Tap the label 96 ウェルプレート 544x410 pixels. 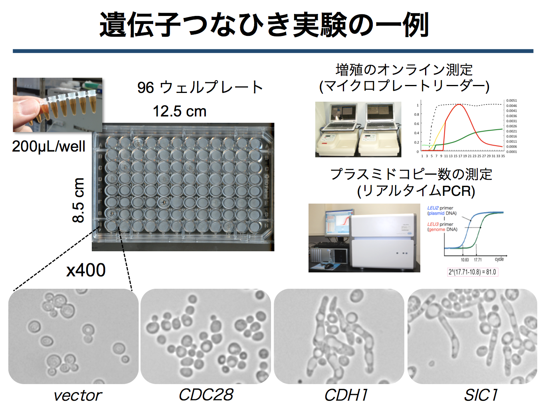[x=200, y=87]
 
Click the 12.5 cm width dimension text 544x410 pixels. [x=180, y=111]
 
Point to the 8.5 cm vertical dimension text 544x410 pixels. [x=79, y=200]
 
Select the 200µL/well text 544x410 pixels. [x=49, y=146]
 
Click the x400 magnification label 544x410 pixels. [x=86, y=270]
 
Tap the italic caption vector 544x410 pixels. [x=78, y=395]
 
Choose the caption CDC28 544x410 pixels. [x=206, y=395]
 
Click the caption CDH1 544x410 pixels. [x=346, y=395]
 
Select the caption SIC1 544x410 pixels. [x=481, y=395]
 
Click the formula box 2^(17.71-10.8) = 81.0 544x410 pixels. [x=473, y=272]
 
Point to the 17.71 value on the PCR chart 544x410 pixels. [x=478, y=260]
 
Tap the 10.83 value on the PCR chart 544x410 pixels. [x=465, y=260]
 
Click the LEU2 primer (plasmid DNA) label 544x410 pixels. [x=441, y=211]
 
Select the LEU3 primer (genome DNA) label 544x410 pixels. [x=442, y=227]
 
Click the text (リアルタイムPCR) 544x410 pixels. [x=416, y=191]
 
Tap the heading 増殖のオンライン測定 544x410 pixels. [x=404, y=70]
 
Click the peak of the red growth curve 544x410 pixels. [x=460, y=104]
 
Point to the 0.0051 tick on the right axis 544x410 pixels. [x=511, y=101]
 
